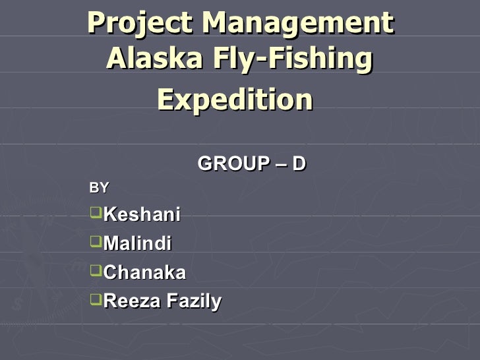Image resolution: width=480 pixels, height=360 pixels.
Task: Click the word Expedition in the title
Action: tap(235, 100)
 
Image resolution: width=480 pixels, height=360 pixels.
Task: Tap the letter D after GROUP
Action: tap(299, 163)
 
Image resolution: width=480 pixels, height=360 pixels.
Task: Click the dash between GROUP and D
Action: tap(282, 164)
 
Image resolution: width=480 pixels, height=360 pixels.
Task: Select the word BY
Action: tap(99, 188)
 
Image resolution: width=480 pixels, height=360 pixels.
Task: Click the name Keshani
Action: tap(142, 214)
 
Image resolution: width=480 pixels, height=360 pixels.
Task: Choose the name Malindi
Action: tap(138, 243)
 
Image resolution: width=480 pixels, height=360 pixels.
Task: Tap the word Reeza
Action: tap(132, 301)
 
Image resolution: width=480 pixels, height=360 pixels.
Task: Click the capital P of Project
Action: tap(96, 24)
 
